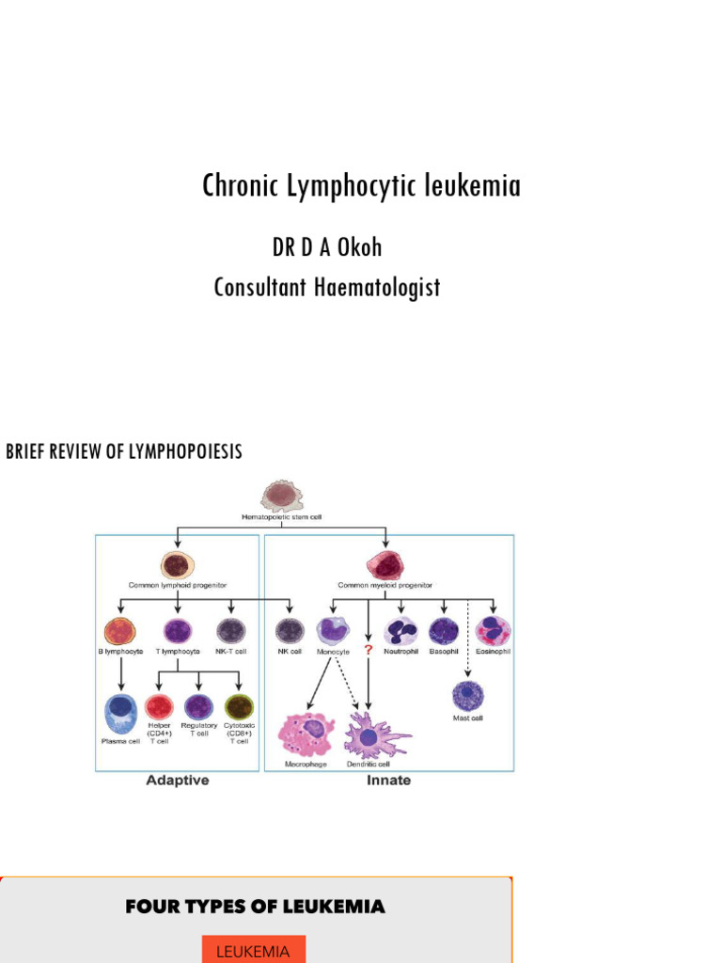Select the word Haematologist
380,287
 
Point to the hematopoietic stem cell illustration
282,496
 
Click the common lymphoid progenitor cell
178,565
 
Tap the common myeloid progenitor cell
385,565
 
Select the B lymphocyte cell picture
120,630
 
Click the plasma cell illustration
120,712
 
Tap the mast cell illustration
467,697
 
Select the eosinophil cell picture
493,630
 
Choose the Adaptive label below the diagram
177,781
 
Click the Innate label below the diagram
388,781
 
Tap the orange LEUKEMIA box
253,951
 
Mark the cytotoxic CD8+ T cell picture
239,706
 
